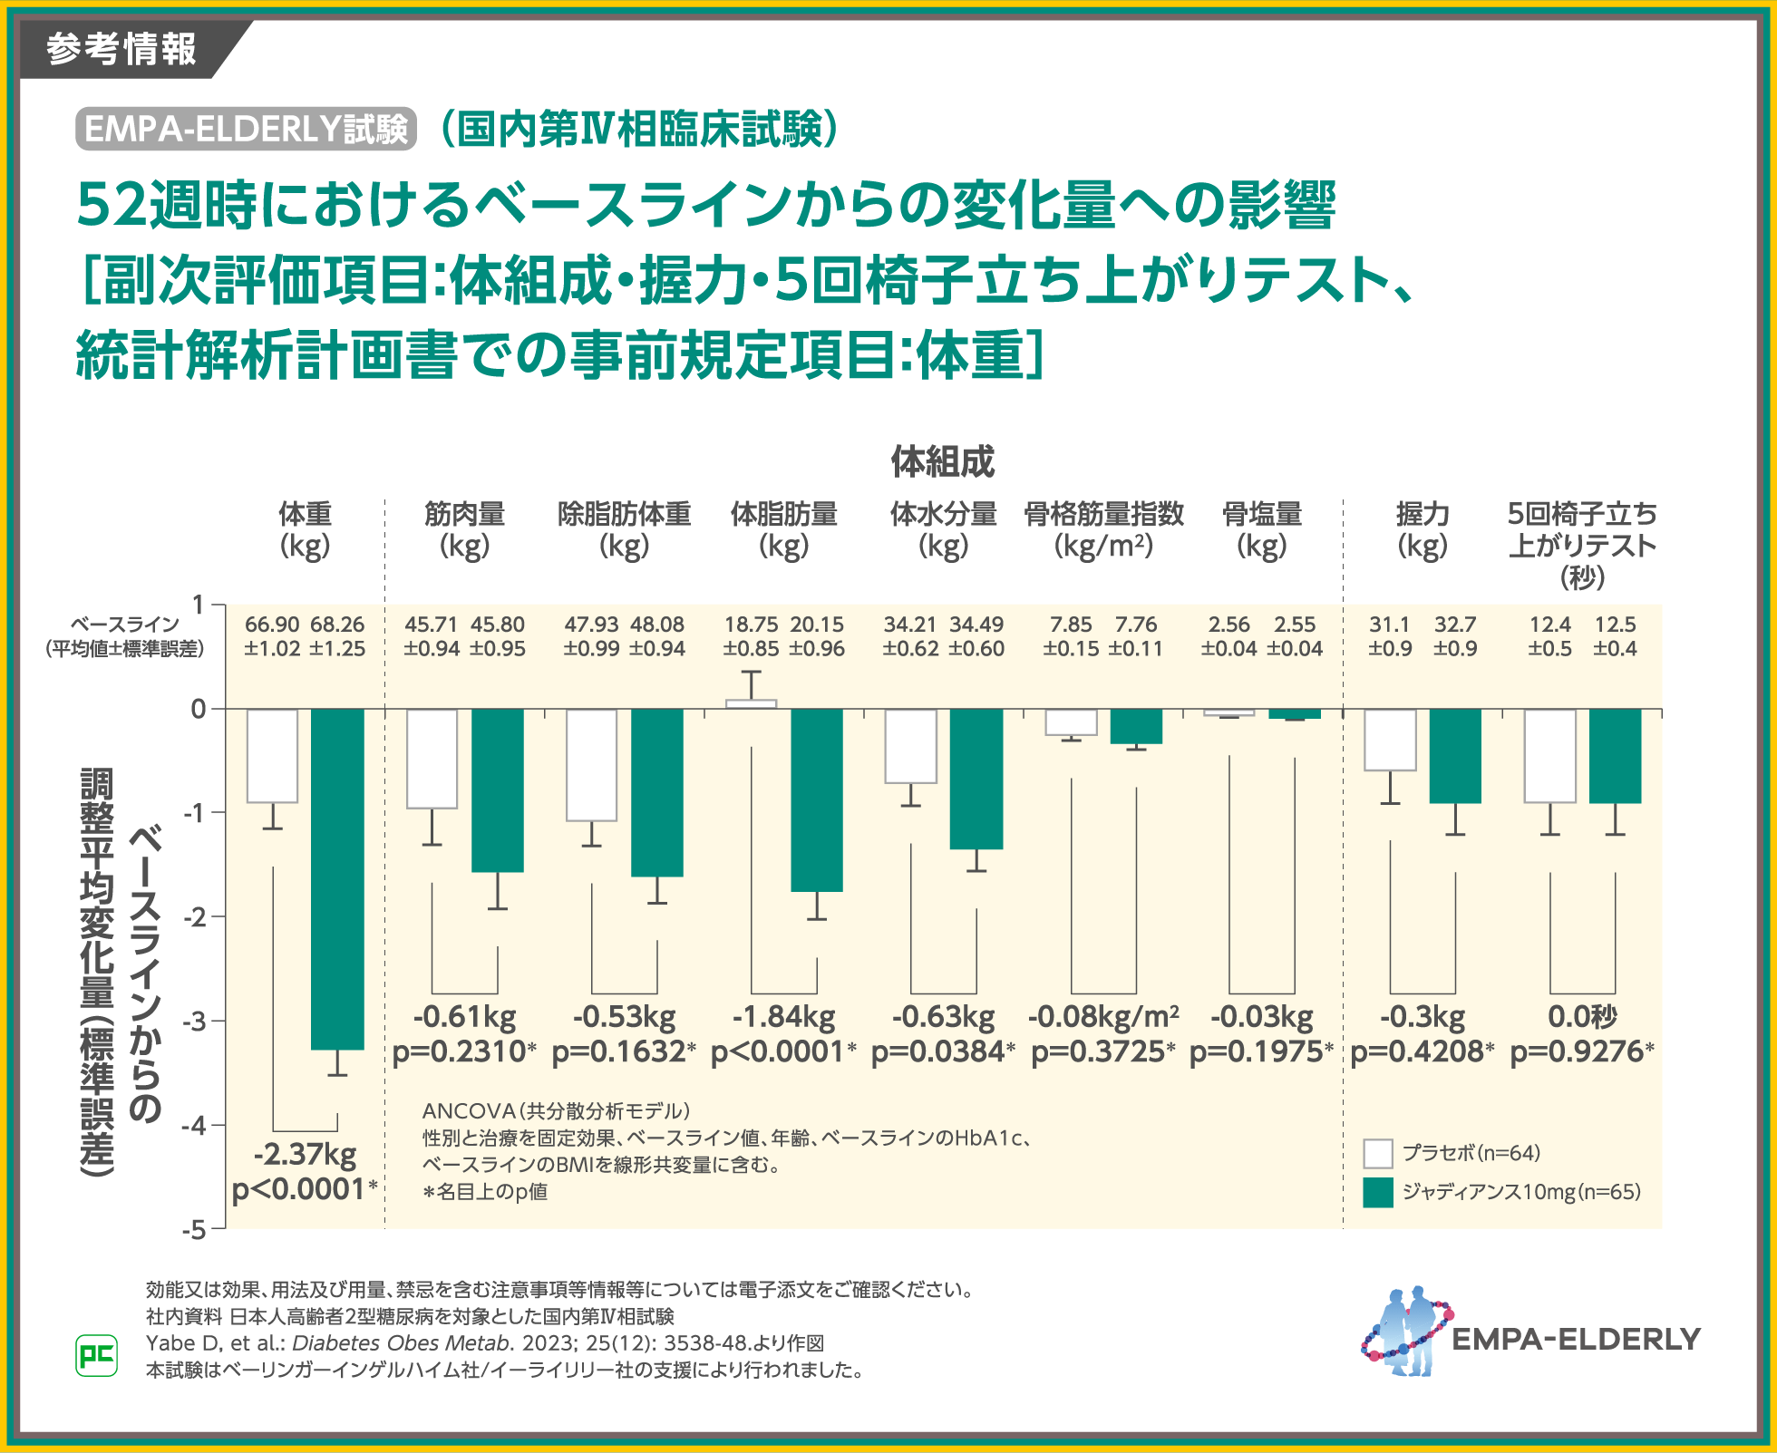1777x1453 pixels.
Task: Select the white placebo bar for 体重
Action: click(272, 755)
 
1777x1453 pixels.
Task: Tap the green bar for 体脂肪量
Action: click(817, 799)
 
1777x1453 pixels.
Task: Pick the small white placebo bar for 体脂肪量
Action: click(751, 703)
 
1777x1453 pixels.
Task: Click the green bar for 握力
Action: click(1455, 755)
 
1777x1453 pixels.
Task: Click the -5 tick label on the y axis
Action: click(196, 1230)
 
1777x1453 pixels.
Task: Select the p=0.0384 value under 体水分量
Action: click(943, 1051)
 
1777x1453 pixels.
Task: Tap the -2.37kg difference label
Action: click(305, 1155)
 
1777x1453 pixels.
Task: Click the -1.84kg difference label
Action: click(783, 1017)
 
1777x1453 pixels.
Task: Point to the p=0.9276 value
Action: click(1582, 1051)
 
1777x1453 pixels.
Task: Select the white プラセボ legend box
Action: click(1377, 1153)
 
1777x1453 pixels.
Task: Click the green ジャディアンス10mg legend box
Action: click(1377, 1192)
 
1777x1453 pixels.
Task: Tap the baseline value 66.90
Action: click(272, 625)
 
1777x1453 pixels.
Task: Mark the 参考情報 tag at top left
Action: click(121, 49)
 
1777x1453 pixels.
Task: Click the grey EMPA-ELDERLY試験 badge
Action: click(246, 129)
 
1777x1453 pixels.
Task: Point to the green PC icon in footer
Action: click(96, 1356)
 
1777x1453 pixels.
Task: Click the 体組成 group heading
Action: click(943, 462)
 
